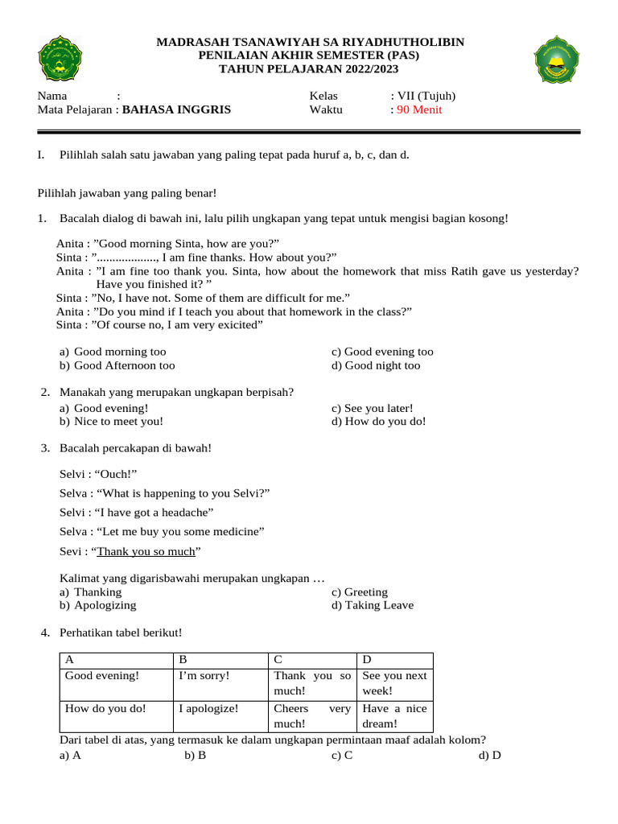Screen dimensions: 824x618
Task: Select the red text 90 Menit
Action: click(419, 109)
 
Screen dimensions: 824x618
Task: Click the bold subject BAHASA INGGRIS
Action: click(176, 109)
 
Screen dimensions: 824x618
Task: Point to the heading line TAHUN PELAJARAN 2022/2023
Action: click(309, 68)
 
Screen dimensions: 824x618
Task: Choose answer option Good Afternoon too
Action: click(124, 365)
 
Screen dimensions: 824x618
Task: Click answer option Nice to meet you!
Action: click(118, 421)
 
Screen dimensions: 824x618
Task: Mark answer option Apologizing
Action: click(105, 605)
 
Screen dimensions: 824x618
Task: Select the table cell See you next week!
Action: click(394, 682)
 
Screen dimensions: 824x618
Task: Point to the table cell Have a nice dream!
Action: click(394, 716)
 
